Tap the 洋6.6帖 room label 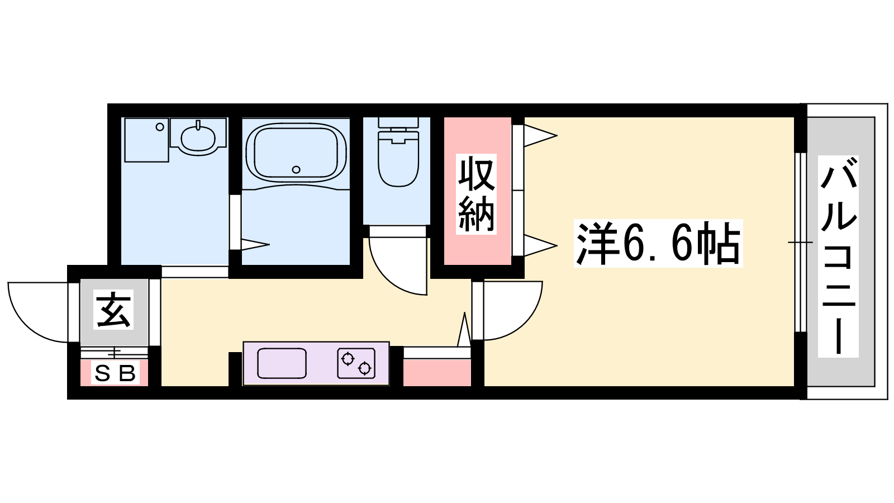pyautogui.click(x=658, y=243)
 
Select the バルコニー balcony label pyautogui.click(x=838, y=257)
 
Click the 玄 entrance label pyautogui.click(x=113, y=310)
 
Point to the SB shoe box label pyautogui.click(x=115, y=373)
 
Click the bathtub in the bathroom pyautogui.click(x=296, y=153)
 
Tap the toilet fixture pyautogui.click(x=398, y=151)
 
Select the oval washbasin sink pyautogui.click(x=198, y=137)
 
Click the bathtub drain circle pyautogui.click(x=296, y=170)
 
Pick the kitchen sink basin pyautogui.click(x=282, y=363)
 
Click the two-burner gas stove pyautogui.click(x=356, y=363)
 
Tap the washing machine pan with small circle pyautogui.click(x=146, y=140)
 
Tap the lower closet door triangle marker pyautogui.click(x=540, y=245)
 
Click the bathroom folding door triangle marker pyautogui.click(x=255, y=244)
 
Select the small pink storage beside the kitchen pyautogui.click(x=437, y=373)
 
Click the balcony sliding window pyautogui.click(x=800, y=243)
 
